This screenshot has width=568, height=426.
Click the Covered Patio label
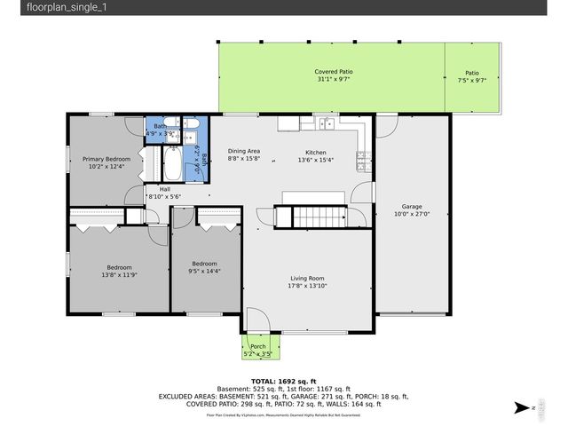[x=333, y=71]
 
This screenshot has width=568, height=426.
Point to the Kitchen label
[x=316, y=152]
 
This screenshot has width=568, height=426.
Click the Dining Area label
[x=243, y=152]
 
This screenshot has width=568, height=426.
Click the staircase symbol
[x=318, y=217]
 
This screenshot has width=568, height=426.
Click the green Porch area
[x=257, y=348]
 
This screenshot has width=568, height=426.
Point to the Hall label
[x=165, y=189]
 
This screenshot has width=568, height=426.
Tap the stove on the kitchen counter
[x=362, y=160]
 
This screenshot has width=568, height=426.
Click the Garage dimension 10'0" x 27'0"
[x=411, y=214]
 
